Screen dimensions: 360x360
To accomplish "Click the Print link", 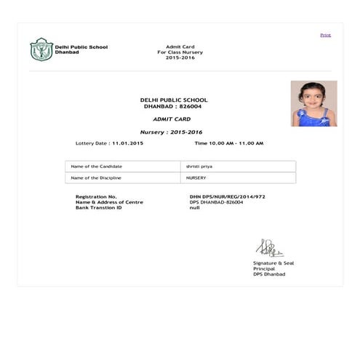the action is pyautogui.click(x=325, y=35).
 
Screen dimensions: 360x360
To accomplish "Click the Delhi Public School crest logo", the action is pyautogui.click(x=41, y=49).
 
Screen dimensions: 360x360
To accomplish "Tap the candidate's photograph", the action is pyautogui.click(x=313, y=103).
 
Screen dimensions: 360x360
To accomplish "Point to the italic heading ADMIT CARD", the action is pyautogui.click(x=172, y=118).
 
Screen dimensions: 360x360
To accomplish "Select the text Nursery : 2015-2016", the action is pyautogui.click(x=172, y=132).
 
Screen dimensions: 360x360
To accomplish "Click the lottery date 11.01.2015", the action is pyautogui.click(x=128, y=143).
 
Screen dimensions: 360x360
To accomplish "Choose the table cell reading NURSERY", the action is pyautogui.click(x=196, y=177).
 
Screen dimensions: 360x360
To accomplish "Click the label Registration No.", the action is pyautogui.click(x=96, y=196).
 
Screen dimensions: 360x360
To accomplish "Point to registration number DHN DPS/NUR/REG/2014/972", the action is pyautogui.click(x=227, y=196).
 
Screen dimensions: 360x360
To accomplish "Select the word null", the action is pyautogui.click(x=194, y=207).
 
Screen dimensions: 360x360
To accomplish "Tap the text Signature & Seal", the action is pyautogui.click(x=273, y=263).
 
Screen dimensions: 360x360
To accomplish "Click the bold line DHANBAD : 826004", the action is pyautogui.click(x=173, y=106).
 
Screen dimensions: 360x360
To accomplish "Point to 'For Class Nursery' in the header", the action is pyautogui.click(x=180, y=52).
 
